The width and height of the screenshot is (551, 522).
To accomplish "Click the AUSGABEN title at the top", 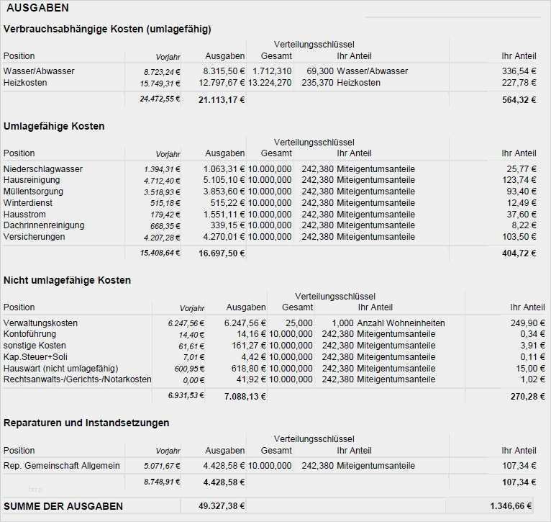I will pyautogui.click(x=37, y=8).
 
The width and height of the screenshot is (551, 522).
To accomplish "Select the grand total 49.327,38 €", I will pyautogui.click(x=222, y=506).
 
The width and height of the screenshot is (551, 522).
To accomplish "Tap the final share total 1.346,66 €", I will pyautogui.click(x=512, y=506).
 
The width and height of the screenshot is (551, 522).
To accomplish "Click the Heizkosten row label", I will pyautogui.click(x=25, y=83).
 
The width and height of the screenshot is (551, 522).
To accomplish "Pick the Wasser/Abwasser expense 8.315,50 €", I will pyautogui.click(x=224, y=71).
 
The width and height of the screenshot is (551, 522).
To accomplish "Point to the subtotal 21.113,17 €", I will pyautogui.click(x=222, y=100).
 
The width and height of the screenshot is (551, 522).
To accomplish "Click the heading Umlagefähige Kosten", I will pyautogui.click(x=54, y=126).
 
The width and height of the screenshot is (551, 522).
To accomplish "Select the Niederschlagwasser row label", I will pyautogui.click(x=43, y=169).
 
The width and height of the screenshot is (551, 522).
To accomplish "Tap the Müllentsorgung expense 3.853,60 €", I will pyautogui.click(x=224, y=192).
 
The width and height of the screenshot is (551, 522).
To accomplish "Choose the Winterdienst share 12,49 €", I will pyautogui.click(x=522, y=203).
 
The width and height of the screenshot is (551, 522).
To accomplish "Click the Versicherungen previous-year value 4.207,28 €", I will pyautogui.click(x=162, y=237).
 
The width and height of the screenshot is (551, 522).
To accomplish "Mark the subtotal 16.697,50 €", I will pyautogui.click(x=222, y=253).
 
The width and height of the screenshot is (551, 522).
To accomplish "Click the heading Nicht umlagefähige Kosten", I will pyautogui.click(x=67, y=280).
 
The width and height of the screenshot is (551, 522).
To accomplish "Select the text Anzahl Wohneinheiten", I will pyautogui.click(x=401, y=323).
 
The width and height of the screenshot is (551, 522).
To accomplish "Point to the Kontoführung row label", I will pyautogui.click(x=29, y=334).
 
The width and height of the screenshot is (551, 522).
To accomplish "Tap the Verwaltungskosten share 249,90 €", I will pyautogui.click(x=527, y=323).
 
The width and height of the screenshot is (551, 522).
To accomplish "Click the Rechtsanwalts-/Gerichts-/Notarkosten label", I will pyautogui.click(x=78, y=379).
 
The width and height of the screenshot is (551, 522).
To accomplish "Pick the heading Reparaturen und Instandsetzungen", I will pyautogui.click(x=86, y=423).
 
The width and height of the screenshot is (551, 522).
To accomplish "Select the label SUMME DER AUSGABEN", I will pyautogui.click(x=63, y=506).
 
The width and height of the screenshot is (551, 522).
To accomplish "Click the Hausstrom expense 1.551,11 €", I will pyautogui.click(x=224, y=215).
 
